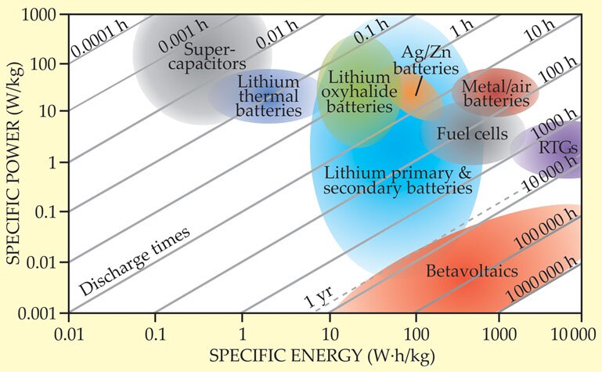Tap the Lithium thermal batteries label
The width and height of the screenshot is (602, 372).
[268, 97]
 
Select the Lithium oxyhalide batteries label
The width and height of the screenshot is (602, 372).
[358, 92]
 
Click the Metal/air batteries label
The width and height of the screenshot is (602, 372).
[495, 92]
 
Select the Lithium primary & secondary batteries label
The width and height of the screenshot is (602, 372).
[398, 180]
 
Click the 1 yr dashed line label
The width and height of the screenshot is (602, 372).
[316, 297]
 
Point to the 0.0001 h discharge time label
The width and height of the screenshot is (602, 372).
[97, 42]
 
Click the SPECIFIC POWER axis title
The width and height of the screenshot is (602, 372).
[15, 162]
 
